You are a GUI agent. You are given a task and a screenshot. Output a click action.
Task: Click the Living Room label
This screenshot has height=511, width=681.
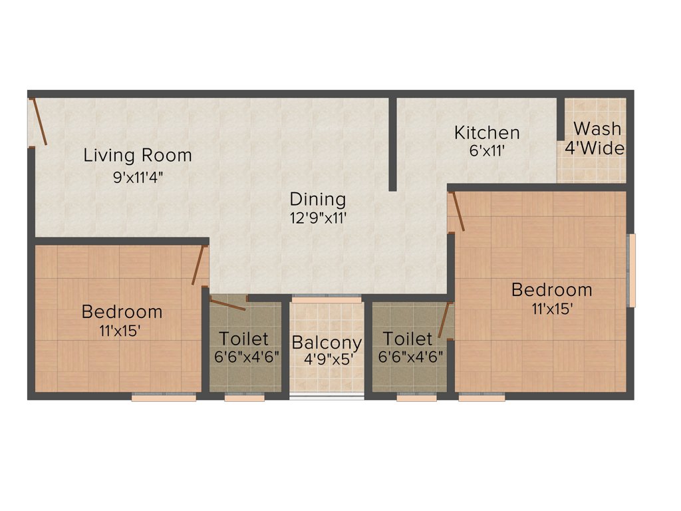(137, 156)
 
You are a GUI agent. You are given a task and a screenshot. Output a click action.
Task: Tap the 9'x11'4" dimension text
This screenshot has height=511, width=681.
(138, 178)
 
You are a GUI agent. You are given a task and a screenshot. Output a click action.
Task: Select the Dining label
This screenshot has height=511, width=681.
(318, 199)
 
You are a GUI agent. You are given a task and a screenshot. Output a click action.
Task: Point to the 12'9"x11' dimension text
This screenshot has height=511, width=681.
(318, 217)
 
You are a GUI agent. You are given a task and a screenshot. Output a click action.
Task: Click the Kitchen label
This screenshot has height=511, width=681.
(487, 132)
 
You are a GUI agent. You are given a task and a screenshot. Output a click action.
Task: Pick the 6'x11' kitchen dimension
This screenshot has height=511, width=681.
(487, 150)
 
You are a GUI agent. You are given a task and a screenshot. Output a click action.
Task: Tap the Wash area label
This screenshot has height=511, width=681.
(597, 128)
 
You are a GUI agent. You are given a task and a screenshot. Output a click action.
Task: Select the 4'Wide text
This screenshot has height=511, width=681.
(595, 148)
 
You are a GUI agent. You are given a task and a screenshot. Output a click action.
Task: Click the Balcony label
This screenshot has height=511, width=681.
(327, 343)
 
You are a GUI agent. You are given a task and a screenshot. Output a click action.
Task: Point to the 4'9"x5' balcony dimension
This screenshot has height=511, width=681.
(327, 359)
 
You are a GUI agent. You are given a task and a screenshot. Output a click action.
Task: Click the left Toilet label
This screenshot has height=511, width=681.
(244, 339)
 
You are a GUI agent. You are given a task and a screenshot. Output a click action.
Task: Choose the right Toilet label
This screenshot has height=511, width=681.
(408, 339)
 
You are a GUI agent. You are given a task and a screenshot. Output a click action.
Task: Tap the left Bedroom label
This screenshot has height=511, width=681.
(122, 311)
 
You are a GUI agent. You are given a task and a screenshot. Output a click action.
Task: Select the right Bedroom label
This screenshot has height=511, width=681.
(551, 290)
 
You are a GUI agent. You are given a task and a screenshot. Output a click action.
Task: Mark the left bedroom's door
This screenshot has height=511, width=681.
(198, 265)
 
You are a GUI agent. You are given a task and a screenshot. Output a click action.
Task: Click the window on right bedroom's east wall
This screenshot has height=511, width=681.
(632, 269)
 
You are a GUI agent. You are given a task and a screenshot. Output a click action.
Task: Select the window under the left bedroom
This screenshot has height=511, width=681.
(164, 397)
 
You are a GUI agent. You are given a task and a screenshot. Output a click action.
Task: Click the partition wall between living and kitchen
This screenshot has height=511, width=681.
(393, 144)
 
